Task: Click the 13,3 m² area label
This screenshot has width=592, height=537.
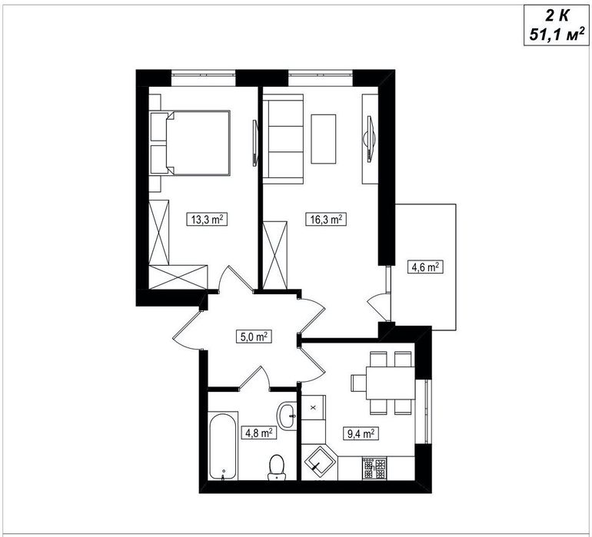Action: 207,219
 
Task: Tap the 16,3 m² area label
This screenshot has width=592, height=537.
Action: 326,219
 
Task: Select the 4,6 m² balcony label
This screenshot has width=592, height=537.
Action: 425,267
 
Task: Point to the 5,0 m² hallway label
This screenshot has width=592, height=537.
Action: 254,336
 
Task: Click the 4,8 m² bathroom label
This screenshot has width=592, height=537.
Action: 259,433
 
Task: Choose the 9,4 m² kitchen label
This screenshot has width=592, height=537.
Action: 361,433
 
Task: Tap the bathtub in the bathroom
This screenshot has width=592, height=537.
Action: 223,446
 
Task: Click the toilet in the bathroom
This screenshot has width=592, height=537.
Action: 277,468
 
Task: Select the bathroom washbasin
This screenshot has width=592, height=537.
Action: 288,416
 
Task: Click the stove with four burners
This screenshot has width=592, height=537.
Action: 374,469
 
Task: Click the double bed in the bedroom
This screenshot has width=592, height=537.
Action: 190,143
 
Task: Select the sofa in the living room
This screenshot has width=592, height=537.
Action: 283,139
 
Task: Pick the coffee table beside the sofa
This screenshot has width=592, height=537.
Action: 323,139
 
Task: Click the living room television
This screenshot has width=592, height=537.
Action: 370,139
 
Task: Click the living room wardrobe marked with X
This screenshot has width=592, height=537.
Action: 275,256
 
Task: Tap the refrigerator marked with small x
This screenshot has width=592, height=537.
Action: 314,408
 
